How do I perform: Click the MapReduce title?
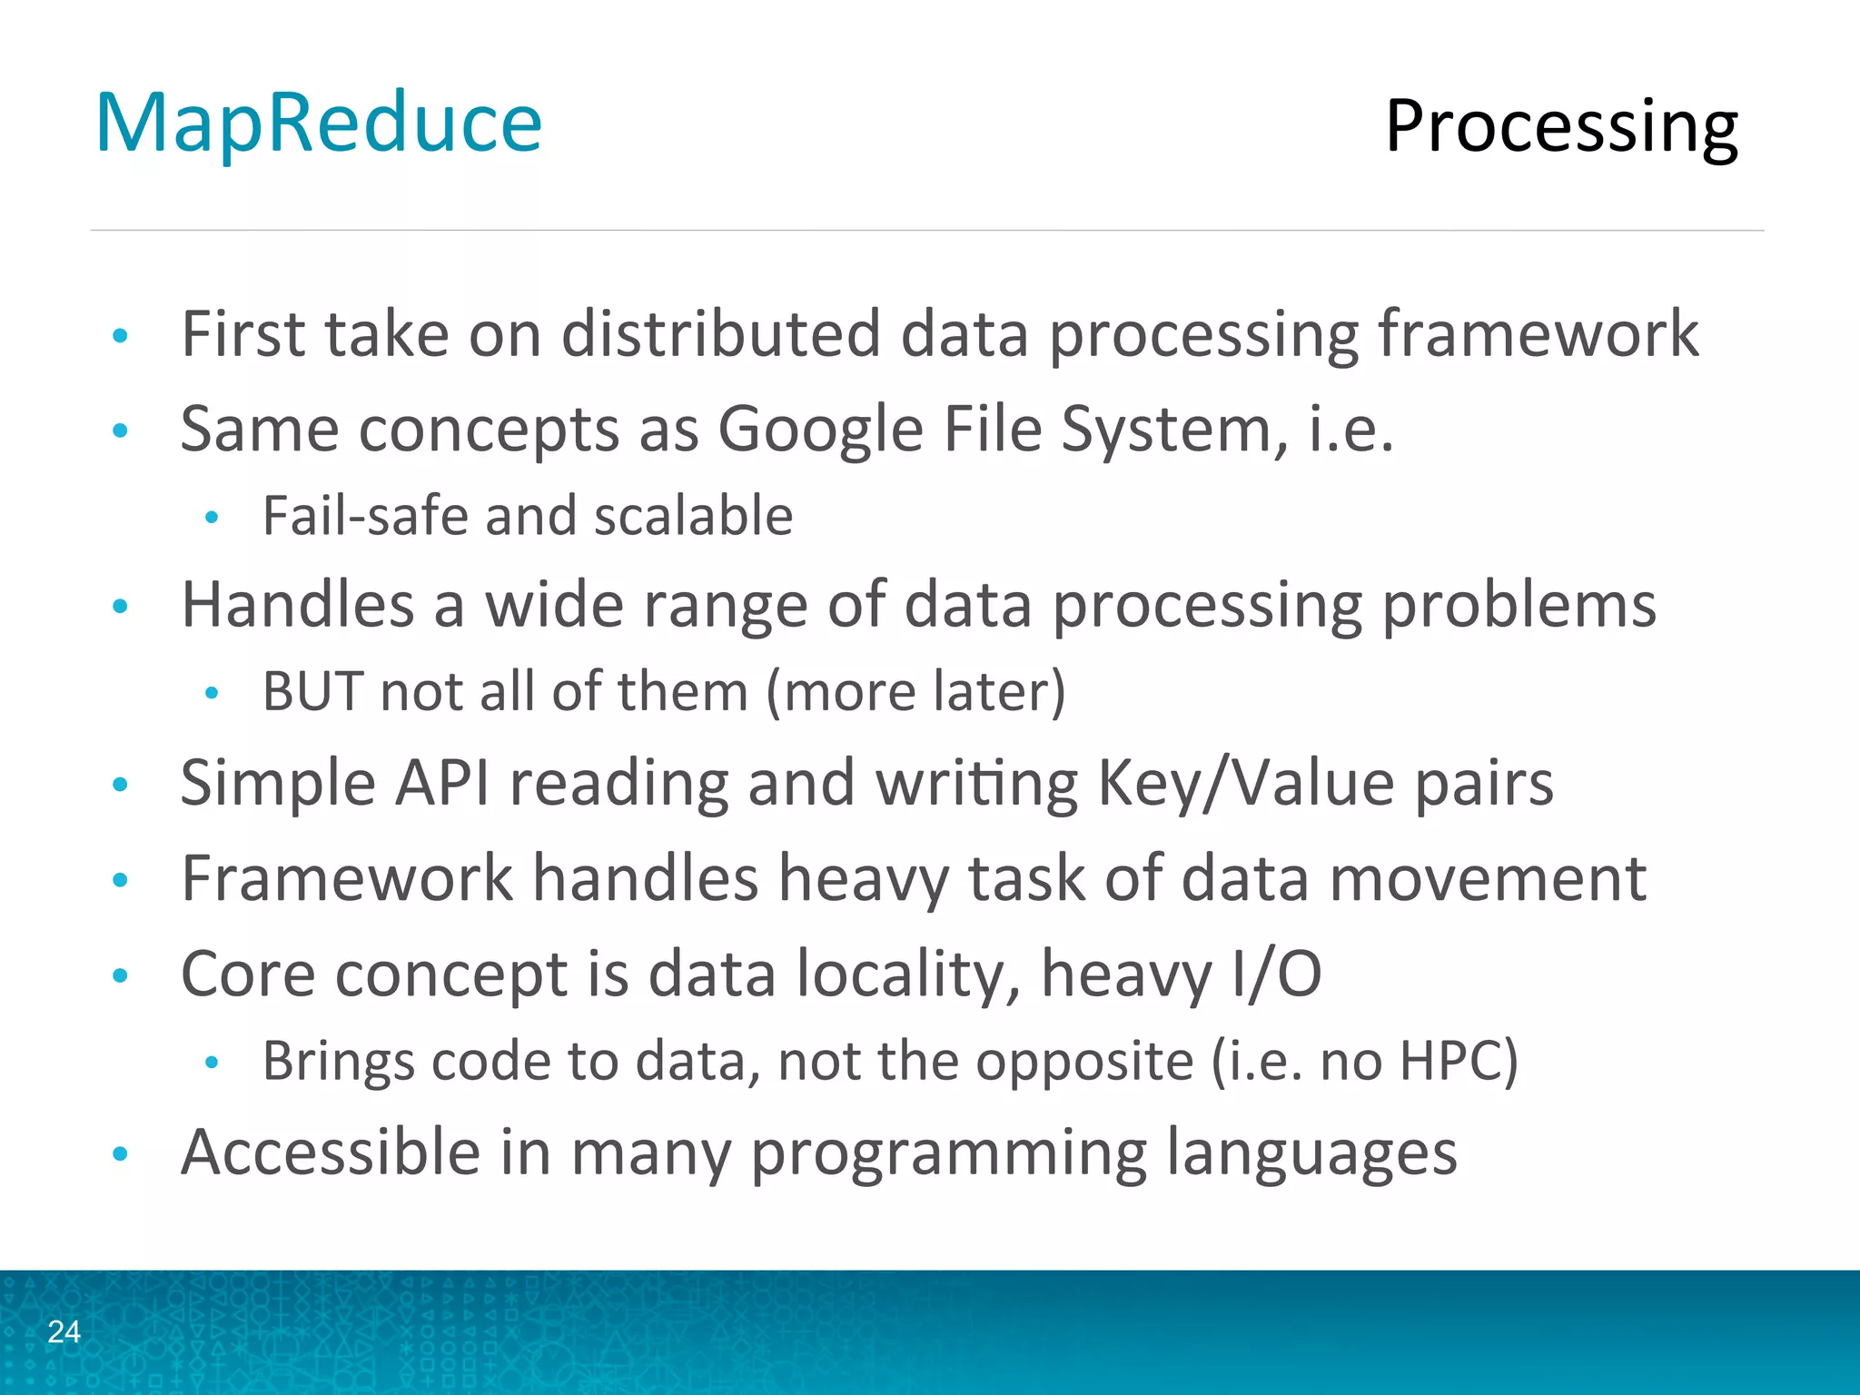click(319, 124)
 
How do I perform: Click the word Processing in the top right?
click(1560, 127)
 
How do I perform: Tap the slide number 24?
click(64, 1331)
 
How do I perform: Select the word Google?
click(820, 429)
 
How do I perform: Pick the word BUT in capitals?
click(312, 691)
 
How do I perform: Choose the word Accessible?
click(331, 1152)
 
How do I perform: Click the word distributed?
click(720, 333)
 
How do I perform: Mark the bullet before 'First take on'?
click(120, 336)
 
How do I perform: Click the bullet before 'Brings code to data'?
click(212, 1062)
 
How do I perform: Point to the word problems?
click(1519, 605)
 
